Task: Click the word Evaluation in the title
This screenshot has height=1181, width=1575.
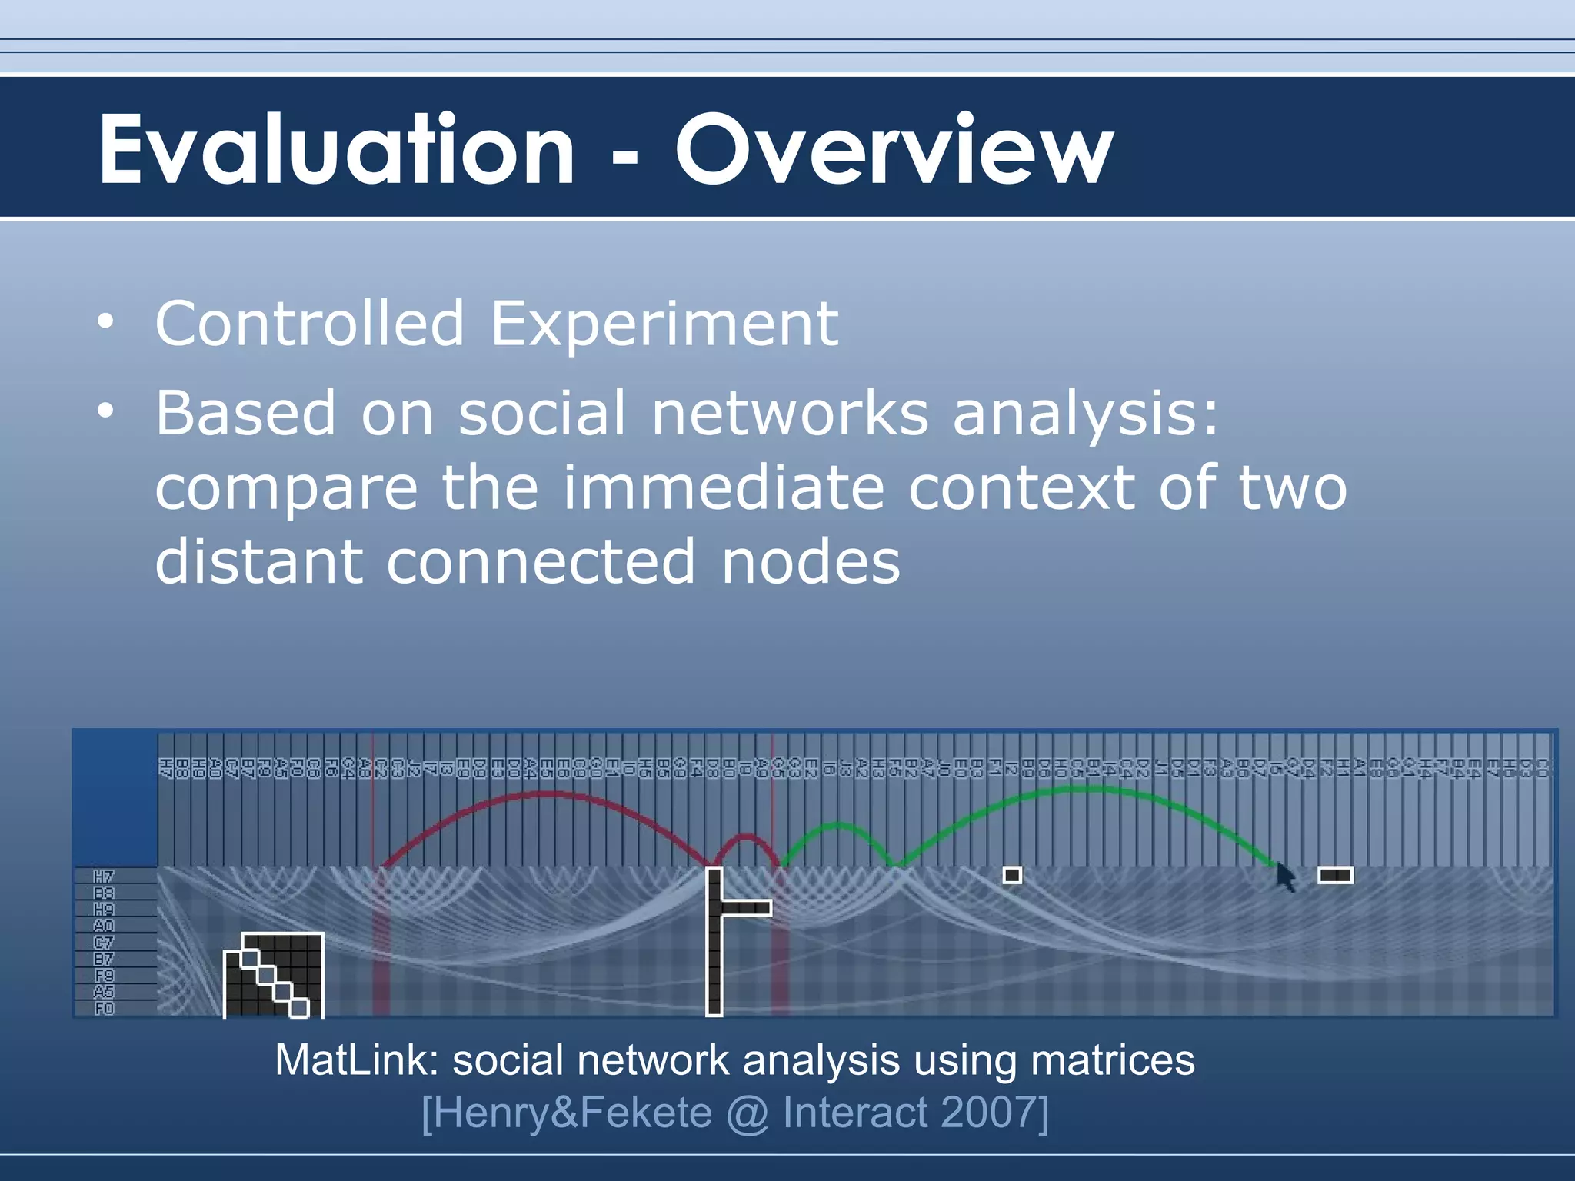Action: click(336, 150)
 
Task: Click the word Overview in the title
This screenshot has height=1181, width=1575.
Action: click(894, 150)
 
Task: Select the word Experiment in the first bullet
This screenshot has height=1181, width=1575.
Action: click(664, 324)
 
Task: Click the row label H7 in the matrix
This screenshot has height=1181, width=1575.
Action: click(104, 877)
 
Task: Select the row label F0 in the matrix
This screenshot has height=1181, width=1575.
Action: click(104, 1008)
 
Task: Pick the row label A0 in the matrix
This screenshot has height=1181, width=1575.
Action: click(104, 926)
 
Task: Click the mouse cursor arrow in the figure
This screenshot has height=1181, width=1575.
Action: click(1284, 876)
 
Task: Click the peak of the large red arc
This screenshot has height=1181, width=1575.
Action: click(546, 794)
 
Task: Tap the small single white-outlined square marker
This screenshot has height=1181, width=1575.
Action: click(1012, 875)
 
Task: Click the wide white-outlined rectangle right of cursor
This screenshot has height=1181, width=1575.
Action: click(1335, 875)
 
